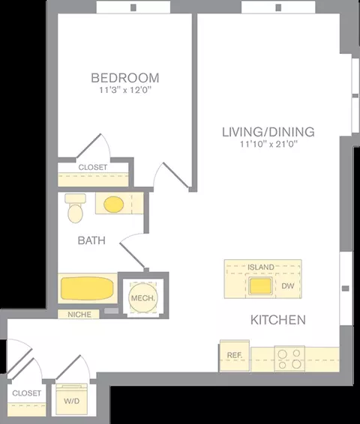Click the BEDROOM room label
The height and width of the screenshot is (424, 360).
pos(125,78)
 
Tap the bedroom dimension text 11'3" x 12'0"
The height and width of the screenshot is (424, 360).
pos(125,90)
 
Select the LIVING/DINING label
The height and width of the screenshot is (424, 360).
pos(268,132)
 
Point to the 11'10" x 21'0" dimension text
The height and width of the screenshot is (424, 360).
pos(268,144)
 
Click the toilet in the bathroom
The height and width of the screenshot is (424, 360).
pos(75,208)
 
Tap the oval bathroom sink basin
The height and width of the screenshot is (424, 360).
pos(114,205)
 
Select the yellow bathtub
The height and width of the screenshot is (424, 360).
pos(87,288)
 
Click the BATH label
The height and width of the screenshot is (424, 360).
pos(91,240)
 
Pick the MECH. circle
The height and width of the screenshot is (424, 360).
pos(143,297)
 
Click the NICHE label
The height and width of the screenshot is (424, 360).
pos(79,315)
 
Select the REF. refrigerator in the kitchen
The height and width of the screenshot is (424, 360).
pos(235,355)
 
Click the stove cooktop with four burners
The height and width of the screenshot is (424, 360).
pos(289,359)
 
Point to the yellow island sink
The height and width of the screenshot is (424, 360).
pos(260,286)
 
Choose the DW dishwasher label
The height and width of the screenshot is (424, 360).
pos(287,286)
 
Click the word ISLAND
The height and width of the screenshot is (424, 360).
pos(261,267)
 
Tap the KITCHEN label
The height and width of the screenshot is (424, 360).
pos(278,320)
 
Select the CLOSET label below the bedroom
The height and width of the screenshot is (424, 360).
pos(93,167)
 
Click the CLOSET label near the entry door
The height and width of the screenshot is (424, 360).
pos(26,393)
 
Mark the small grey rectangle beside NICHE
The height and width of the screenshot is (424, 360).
pos(112,311)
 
